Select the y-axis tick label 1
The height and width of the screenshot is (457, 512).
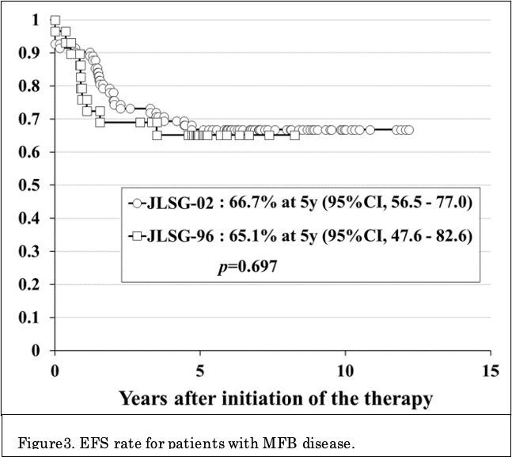[32, 20]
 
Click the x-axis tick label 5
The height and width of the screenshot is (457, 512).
[199, 370]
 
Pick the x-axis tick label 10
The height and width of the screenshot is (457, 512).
[345, 370]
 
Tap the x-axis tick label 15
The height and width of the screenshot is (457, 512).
[491, 370]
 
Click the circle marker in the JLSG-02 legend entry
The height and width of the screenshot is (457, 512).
[138, 202]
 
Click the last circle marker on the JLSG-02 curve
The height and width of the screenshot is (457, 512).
[408, 130]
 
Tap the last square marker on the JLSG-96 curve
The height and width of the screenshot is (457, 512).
[295, 135]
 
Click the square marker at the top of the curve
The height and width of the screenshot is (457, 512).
[55, 21]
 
